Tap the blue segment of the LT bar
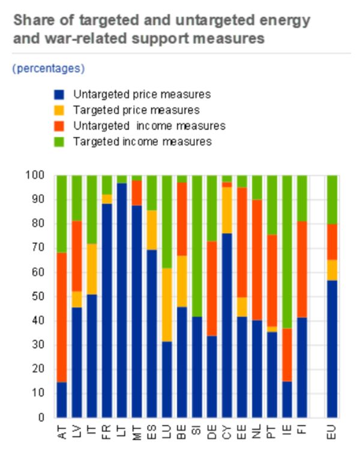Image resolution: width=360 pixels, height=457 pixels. point(122,300)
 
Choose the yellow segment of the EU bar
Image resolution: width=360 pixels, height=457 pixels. point(332,270)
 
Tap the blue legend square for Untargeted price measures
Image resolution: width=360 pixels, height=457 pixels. point(59,95)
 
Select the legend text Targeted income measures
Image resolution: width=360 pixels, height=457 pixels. point(142,142)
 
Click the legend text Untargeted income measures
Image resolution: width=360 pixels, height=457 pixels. point(149,126)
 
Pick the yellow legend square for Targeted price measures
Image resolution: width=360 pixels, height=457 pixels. point(59,110)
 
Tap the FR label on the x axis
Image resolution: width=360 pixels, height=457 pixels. point(107,431)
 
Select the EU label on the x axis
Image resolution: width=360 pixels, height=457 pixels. point(332,431)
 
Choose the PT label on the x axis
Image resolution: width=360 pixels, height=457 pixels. point(272,431)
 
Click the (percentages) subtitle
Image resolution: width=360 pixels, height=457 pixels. point(49,68)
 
